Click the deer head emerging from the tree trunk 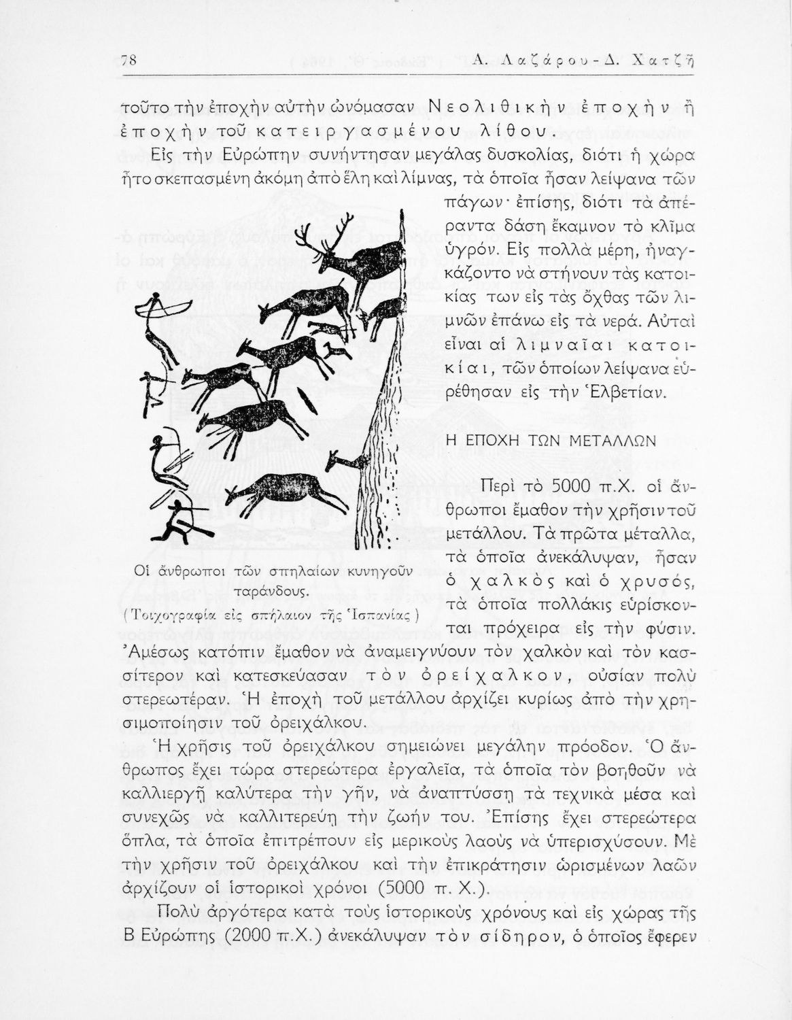point(344,462)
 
